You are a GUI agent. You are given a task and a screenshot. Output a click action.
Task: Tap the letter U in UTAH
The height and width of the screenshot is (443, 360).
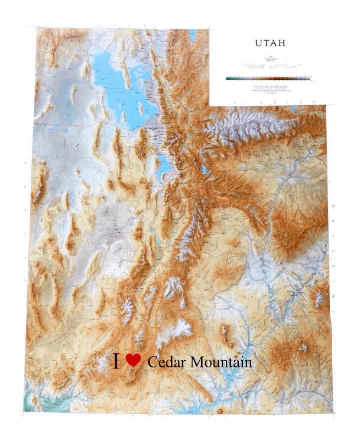click(x=258, y=44)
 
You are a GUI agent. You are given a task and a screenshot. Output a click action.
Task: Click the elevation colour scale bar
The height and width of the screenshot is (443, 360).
click(x=267, y=78)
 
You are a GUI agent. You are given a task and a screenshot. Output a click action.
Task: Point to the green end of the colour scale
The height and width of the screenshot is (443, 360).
click(x=229, y=78)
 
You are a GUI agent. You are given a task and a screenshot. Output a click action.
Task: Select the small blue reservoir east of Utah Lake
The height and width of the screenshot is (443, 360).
click(x=205, y=170)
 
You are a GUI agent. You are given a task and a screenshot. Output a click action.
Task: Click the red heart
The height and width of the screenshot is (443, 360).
click(x=133, y=360)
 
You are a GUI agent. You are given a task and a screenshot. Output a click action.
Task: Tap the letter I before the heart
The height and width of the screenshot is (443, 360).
click(x=116, y=360)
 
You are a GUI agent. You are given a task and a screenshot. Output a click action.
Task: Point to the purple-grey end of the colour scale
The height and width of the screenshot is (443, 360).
click(x=306, y=78)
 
